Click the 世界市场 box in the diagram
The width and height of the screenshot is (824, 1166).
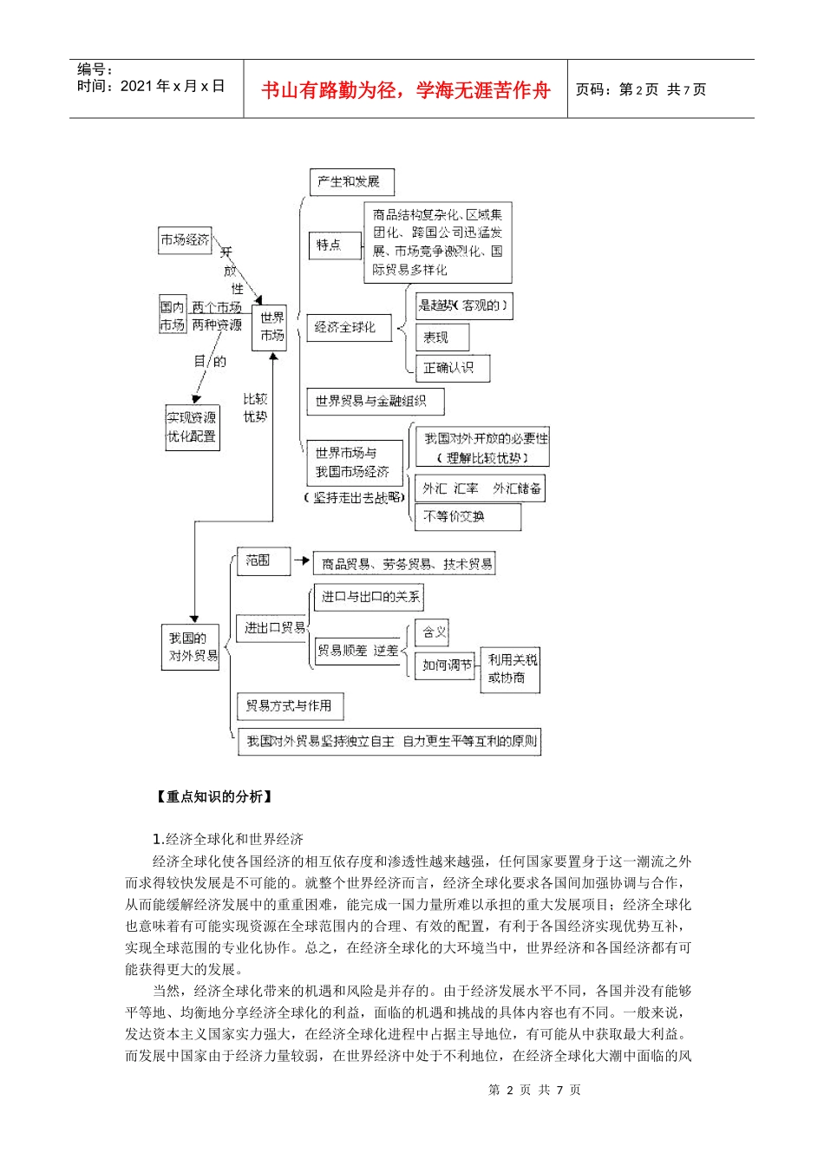click(271, 327)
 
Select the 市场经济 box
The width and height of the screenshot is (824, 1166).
click(185, 240)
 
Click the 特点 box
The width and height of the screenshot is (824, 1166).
click(329, 246)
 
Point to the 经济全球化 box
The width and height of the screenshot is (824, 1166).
click(346, 327)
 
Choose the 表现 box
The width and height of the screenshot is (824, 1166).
click(441, 337)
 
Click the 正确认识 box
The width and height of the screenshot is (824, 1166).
click(452, 368)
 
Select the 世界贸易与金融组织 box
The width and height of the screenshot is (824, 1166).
click(374, 402)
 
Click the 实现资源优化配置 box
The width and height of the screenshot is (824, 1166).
click(192, 428)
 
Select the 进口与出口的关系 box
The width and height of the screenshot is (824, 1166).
click(369, 597)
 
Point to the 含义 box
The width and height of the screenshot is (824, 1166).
click(434, 632)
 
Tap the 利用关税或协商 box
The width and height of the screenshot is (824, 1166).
click(511, 670)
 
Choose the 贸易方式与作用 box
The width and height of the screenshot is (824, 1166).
click(289, 706)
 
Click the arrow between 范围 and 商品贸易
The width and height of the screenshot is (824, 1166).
click(301, 561)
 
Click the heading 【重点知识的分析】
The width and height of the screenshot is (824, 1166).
click(213, 796)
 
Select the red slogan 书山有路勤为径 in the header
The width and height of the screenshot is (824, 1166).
click(406, 90)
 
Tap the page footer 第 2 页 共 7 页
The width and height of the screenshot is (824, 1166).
click(534, 1091)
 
